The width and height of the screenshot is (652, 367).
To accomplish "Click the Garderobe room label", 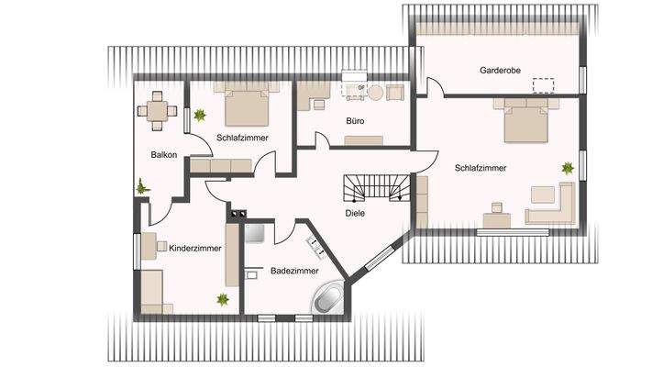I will click(499, 71).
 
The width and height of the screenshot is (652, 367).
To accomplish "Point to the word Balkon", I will click(164, 155).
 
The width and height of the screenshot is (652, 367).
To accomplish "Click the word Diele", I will click(356, 213).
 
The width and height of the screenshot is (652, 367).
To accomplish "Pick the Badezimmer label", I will click(294, 271).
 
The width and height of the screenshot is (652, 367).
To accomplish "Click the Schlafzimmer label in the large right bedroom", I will click(481, 168).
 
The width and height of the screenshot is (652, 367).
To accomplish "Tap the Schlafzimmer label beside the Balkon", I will click(242, 138).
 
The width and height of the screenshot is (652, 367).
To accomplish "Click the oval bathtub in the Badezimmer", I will click(329, 297).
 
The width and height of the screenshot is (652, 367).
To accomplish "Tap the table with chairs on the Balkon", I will click(158, 109).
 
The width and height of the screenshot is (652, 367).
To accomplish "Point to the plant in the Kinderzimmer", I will click(222, 298).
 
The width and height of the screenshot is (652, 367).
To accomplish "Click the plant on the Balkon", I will click(142, 186).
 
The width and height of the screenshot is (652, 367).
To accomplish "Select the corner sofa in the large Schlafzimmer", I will click(551, 205).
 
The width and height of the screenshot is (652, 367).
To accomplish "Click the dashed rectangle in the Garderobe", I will click(544, 85).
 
